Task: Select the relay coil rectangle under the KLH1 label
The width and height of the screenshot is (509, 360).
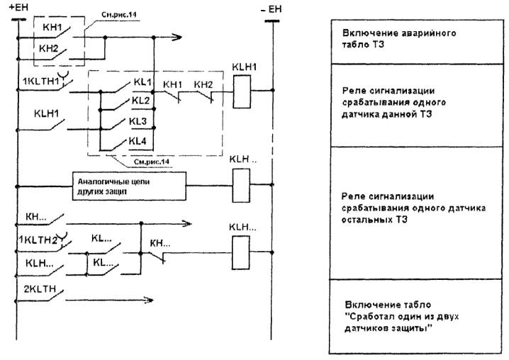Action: (x=242, y=90)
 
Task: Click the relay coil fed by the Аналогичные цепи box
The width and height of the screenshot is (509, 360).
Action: (x=242, y=186)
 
